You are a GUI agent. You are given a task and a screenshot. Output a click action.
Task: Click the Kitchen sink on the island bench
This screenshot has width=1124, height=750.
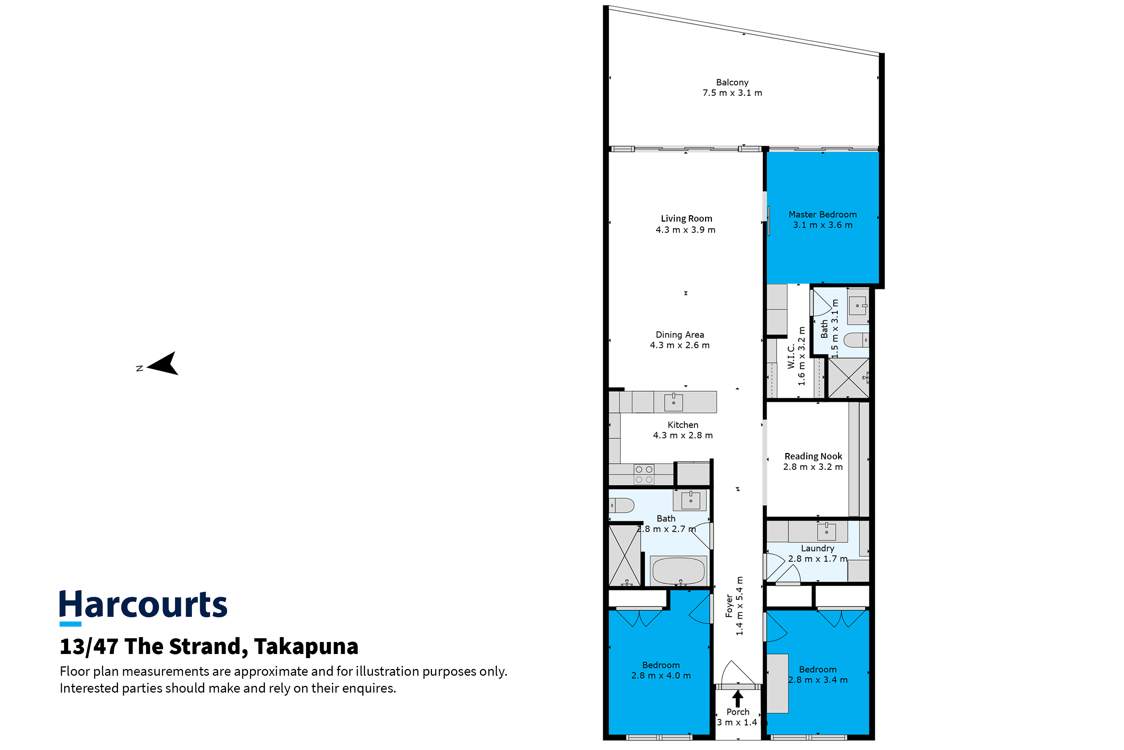click(x=673, y=402)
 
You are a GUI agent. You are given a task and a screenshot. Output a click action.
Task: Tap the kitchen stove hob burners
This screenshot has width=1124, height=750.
click(x=644, y=474)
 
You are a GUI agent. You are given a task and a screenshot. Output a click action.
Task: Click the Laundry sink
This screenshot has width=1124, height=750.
click(x=826, y=531)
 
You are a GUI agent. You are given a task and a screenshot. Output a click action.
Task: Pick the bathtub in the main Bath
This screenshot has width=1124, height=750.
click(x=678, y=571)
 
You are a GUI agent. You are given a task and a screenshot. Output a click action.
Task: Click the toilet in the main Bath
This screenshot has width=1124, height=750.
click(x=621, y=505)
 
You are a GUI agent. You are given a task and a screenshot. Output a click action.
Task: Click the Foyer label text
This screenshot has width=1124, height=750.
click(x=729, y=606)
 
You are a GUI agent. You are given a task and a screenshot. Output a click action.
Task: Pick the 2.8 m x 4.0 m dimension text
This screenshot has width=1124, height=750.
click(x=661, y=676)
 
